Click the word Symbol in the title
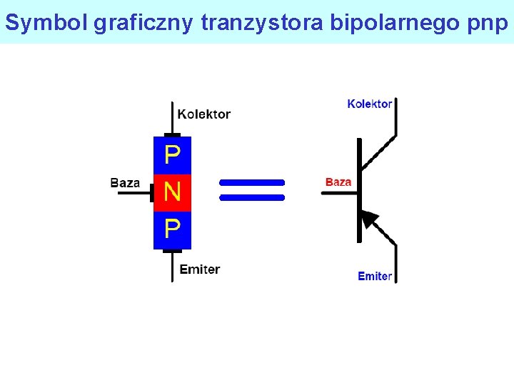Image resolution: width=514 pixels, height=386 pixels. point(46,23)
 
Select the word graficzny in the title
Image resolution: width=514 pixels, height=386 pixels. point(143,23)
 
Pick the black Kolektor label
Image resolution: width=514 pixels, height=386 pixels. point(203,114)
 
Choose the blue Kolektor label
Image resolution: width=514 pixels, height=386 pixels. point(369,104)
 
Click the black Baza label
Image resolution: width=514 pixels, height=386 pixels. point(125,183)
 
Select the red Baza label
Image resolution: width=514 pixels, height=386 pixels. point(338,182)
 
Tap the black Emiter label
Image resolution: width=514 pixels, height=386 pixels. point(200,269)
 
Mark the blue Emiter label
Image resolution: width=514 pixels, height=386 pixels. point(374,276)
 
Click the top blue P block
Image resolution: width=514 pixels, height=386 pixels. point(172,155)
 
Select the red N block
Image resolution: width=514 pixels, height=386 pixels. point(172,192)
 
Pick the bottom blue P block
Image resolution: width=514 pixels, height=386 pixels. point(172,229)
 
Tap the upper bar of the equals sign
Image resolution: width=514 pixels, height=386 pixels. point(252,182)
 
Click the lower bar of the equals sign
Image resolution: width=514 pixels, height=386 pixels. point(252,197)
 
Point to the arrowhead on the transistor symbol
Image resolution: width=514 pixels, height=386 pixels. point(369,219)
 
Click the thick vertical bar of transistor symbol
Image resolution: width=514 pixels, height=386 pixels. point(360,190)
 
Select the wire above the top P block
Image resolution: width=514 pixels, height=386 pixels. point(172,117)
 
